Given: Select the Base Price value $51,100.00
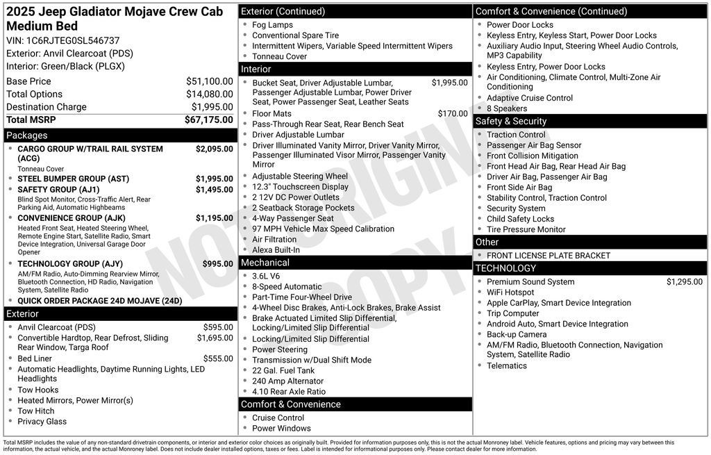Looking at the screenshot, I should (x=209, y=81).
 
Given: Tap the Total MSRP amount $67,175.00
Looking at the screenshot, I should (x=208, y=119).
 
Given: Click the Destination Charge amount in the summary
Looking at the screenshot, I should (x=212, y=107).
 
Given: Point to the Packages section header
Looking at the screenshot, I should (x=27, y=135).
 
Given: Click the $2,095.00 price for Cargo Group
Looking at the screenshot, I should (x=214, y=149).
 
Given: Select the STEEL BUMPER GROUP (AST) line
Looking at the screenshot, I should (x=73, y=179).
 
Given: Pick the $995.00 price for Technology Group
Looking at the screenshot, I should (x=217, y=264).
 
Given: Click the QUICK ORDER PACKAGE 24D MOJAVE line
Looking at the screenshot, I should (x=99, y=301).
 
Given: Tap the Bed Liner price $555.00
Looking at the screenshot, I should (x=218, y=358).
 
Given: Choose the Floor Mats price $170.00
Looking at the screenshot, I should (x=452, y=113).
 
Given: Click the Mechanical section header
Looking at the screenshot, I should (x=265, y=263).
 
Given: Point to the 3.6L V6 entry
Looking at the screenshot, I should (x=267, y=276).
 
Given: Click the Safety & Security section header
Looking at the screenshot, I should (x=511, y=121).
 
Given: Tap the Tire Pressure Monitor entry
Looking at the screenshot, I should (x=526, y=229).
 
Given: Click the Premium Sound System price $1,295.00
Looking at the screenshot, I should (x=684, y=281).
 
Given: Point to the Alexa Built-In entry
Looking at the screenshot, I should (x=276, y=250).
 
